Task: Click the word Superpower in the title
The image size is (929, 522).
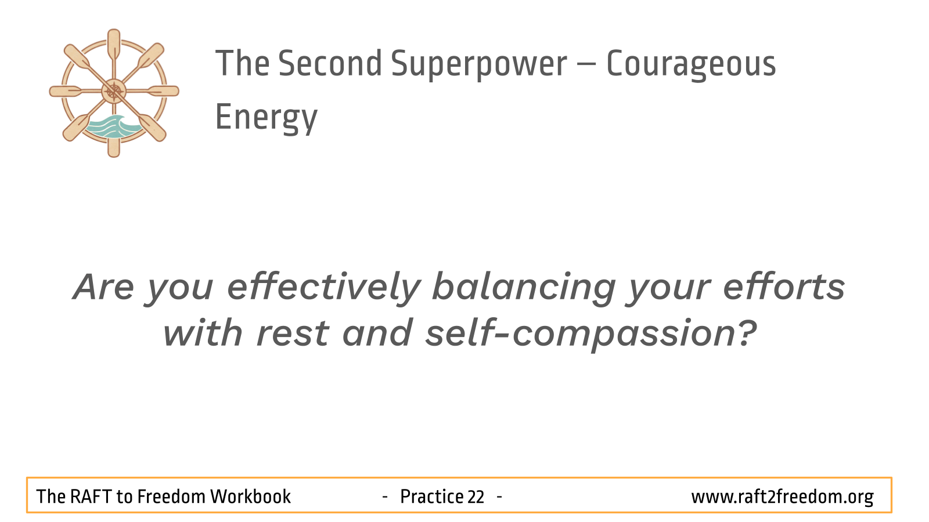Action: tap(478, 64)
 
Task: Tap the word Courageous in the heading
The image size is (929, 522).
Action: tap(691, 64)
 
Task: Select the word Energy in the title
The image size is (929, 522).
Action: tap(267, 118)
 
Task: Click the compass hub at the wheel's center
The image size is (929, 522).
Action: tap(114, 91)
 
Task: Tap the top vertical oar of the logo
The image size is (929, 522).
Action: tap(114, 46)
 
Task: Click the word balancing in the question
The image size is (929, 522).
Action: tap(524, 288)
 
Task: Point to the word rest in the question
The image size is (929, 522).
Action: tap(293, 334)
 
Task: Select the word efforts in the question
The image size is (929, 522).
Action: tap(784, 287)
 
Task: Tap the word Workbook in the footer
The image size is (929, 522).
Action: tap(250, 496)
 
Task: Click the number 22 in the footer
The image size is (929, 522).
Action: tap(476, 497)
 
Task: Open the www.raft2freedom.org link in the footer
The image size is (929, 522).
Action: tap(782, 497)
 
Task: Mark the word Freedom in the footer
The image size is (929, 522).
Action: tap(171, 496)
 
